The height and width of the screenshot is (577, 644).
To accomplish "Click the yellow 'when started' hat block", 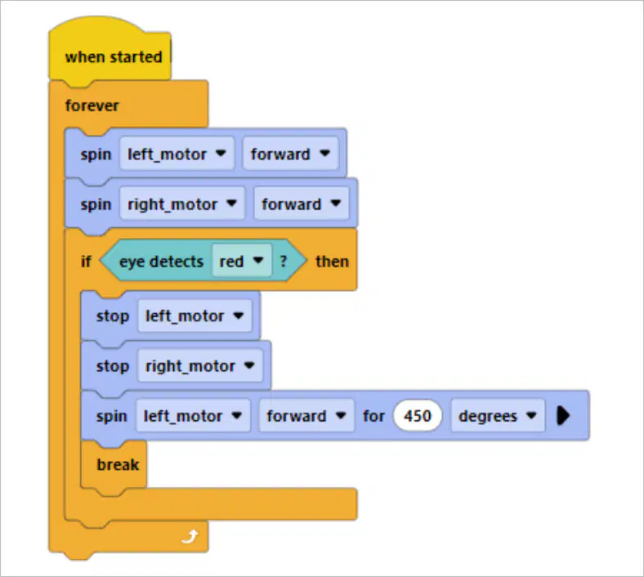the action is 110,52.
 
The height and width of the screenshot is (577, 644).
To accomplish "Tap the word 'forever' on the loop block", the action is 92,105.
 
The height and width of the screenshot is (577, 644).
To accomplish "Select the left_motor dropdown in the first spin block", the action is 177,154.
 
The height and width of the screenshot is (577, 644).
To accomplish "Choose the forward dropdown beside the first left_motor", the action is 290,154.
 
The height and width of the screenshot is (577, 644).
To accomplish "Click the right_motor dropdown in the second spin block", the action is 182,204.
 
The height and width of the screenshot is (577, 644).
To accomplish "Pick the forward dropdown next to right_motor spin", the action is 302,204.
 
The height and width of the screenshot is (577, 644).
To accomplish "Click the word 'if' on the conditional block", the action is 86,262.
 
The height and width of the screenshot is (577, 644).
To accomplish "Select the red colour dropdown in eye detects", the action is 242,261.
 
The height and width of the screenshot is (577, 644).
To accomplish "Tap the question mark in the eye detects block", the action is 284,261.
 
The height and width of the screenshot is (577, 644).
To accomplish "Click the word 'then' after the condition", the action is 332,262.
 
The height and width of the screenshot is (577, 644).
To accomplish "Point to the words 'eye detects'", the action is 161,262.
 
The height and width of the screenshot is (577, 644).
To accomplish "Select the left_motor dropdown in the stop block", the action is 195,315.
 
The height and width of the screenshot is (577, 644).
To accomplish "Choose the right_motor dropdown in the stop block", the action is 200,365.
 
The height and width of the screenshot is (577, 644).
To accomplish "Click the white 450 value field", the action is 418,416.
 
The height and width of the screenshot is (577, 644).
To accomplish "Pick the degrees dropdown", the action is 498,416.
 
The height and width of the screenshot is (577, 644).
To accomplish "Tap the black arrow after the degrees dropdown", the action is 563,416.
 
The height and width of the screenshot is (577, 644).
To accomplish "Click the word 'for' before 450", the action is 373,416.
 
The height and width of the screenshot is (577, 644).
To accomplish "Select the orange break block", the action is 114,464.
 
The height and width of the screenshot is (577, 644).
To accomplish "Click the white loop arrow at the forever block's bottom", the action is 190,536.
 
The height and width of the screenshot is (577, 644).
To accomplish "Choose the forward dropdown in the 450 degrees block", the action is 306,416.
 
